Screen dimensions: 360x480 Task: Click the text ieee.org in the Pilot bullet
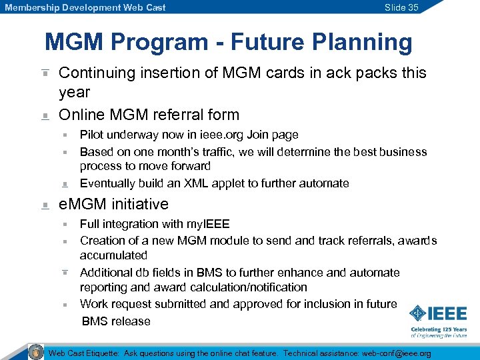pos(211,135)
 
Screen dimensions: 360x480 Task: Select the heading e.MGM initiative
pos(114,204)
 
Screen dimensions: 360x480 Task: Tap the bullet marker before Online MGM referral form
pos(45,116)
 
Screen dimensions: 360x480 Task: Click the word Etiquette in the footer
pos(99,353)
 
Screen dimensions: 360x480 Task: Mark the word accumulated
pos(113,255)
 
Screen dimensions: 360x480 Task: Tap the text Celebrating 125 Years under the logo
pos(438,330)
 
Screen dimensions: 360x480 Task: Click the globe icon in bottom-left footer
pos(36,352)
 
